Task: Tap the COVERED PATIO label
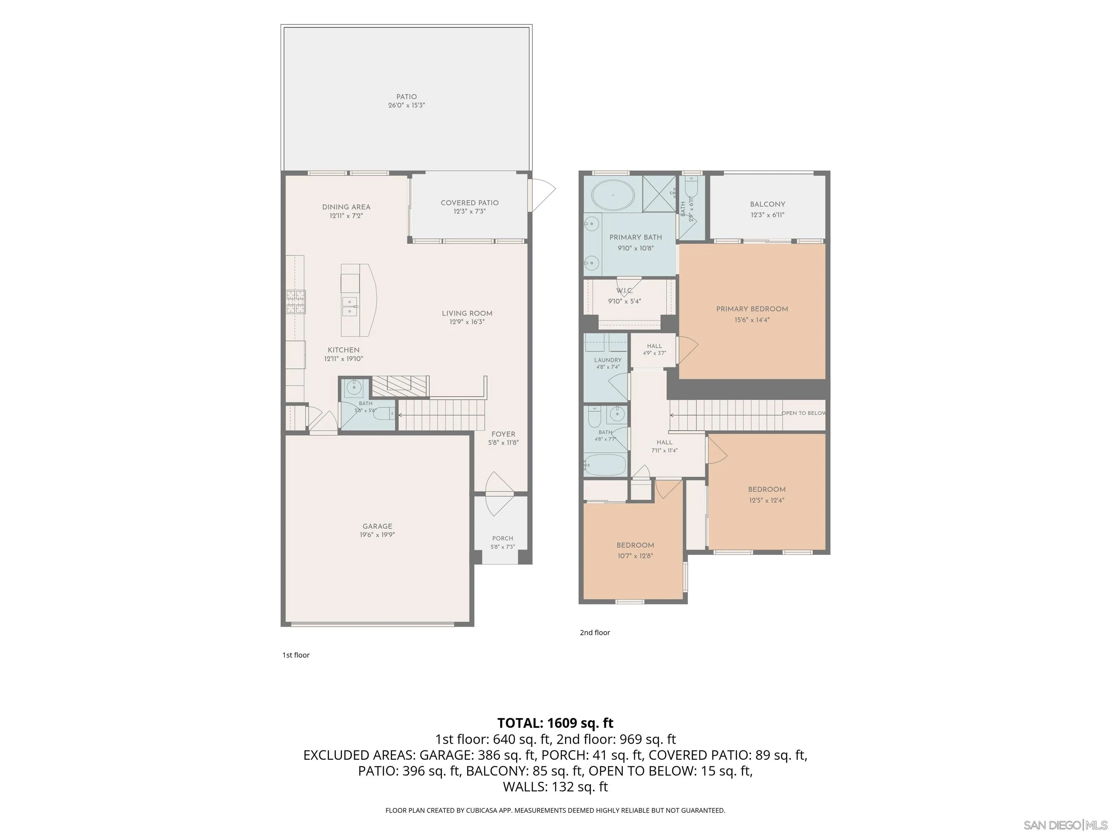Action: pos(470,203)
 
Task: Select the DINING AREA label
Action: pos(346,207)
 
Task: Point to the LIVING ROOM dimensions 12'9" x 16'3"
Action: pos(467,322)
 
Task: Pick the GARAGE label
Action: pos(377,526)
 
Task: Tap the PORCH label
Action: pos(503,538)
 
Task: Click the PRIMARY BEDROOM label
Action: pos(752,309)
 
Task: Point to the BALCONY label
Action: pos(767,204)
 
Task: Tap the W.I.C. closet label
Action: pos(625,291)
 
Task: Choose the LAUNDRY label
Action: pos(608,360)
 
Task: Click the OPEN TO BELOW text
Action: pos(804,413)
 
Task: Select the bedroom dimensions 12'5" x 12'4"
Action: pos(766,500)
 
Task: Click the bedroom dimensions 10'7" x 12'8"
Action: pos(635,556)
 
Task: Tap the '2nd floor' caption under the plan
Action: pos(595,633)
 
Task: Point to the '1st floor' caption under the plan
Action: pos(296,655)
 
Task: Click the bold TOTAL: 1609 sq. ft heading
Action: pos(555,723)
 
